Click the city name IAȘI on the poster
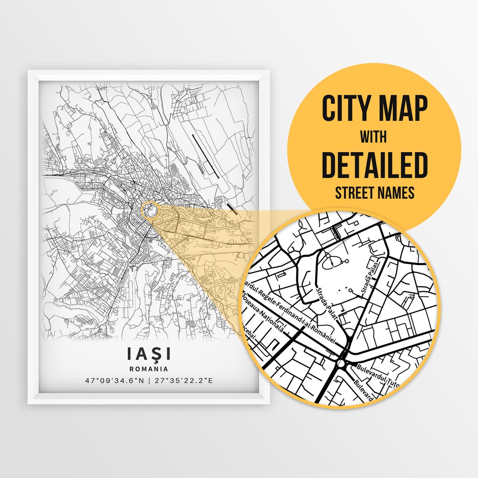coord(149,354)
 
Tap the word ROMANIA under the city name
coord(149,368)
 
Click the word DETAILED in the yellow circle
coord(374,165)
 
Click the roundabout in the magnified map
coord(341,363)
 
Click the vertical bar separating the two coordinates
coord(149,380)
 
